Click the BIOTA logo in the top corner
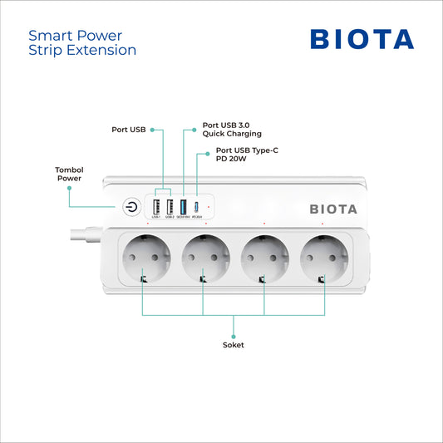[x=362, y=39]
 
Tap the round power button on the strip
[x=131, y=207]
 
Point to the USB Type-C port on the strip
[x=196, y=207]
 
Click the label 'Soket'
[x=234, y=344]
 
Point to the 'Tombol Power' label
[x=69, y=173]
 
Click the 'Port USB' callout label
[x=129, y=130]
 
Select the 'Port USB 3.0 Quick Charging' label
[x=232, y=130]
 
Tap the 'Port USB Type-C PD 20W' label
[x=242, y=155]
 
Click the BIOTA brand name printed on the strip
[x=333, y=209]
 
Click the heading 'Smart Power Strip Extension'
[x=82, y=42]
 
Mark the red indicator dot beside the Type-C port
[x=208, y=207]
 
